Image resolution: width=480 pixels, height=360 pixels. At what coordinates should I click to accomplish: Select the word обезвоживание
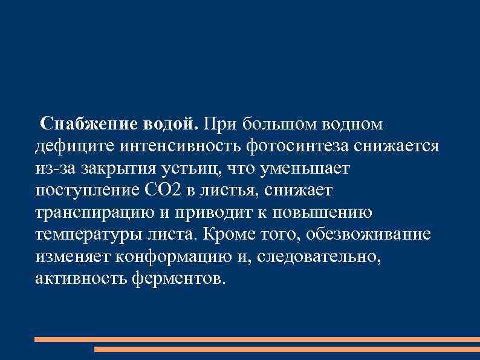coord(370,235)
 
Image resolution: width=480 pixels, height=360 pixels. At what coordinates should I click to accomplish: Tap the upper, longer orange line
coord(257,339)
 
